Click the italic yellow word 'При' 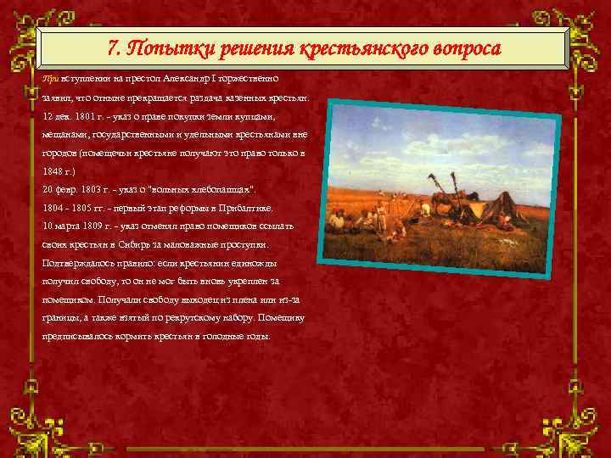50,77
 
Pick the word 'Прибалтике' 244,207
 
